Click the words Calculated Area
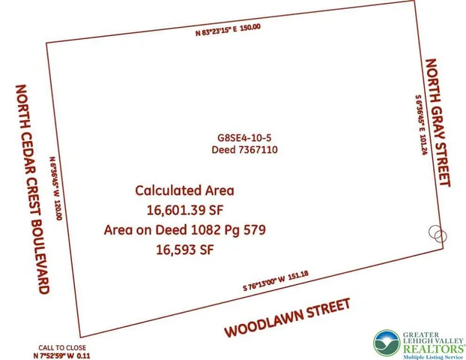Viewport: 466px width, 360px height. (x=185, y=190)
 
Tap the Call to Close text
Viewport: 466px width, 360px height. (x=63, y=347)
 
